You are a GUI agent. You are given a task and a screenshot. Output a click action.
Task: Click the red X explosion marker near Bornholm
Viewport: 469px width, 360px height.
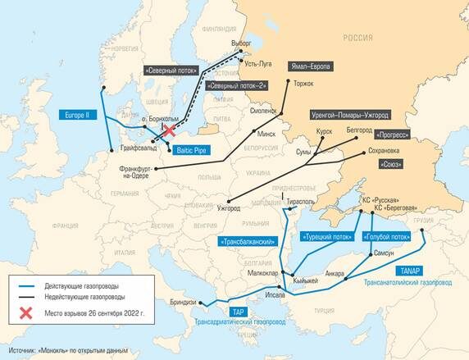coord(170,130)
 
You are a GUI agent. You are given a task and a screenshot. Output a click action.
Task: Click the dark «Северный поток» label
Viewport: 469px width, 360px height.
coord(171,70)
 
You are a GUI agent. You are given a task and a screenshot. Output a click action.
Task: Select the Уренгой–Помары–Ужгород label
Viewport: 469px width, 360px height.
coord(350,116)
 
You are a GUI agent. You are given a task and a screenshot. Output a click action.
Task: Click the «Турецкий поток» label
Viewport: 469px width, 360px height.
coord(326,237)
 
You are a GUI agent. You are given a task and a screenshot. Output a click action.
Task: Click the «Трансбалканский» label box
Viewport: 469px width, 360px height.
coord(246,241)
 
